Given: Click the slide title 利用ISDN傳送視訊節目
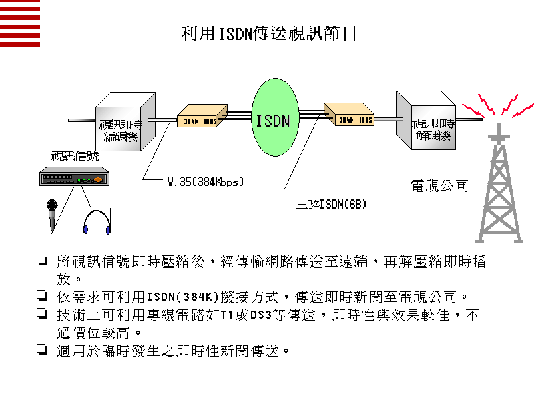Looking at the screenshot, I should [x=269, y=33].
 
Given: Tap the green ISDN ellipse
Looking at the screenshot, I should [x=273, y=120].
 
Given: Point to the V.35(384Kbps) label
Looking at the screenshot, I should [x=206, y=181].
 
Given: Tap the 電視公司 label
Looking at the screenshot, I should [x=439, y=186].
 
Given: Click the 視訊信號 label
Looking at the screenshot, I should [x=75, y=156].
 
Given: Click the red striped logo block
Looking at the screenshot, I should [x=20, y=23].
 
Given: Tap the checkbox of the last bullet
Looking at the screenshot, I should [x=42, y=348].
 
